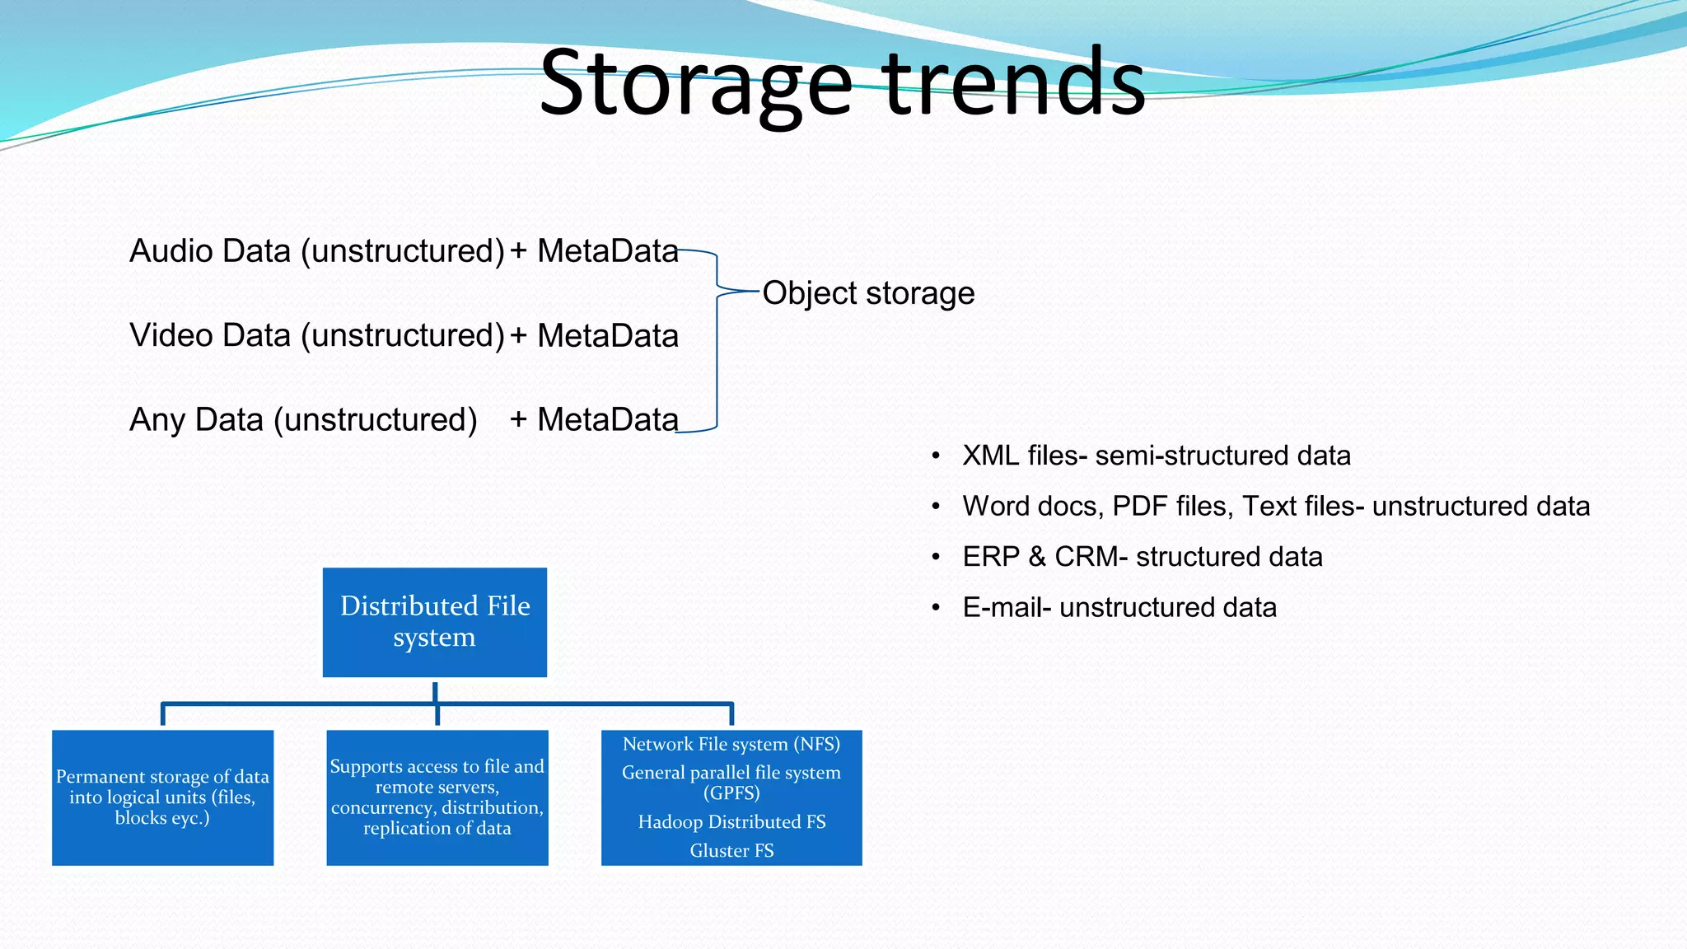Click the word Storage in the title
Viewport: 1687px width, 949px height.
tap(696, 82)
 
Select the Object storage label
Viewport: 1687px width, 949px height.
tap(868, 293)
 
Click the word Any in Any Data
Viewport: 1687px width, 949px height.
tap(157, 420)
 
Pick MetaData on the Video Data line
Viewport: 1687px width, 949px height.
tap(608, 336)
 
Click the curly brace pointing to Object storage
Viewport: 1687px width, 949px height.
tap(717, 339)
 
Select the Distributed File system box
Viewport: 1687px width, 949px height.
tap(435, 622)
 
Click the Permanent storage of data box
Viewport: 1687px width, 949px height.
tap(162, 797)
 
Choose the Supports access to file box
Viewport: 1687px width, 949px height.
tap(437, 797)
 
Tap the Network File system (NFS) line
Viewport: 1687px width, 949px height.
tap(731, 744)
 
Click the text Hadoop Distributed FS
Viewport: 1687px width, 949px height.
tap(731, 822)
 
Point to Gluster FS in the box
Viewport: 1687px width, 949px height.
tap(731, 851)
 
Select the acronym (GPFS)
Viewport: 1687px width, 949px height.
tap(731, 793)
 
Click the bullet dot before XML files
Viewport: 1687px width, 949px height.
tap(936, 456)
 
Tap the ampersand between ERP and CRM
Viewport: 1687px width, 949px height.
tap(1037, 557)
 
